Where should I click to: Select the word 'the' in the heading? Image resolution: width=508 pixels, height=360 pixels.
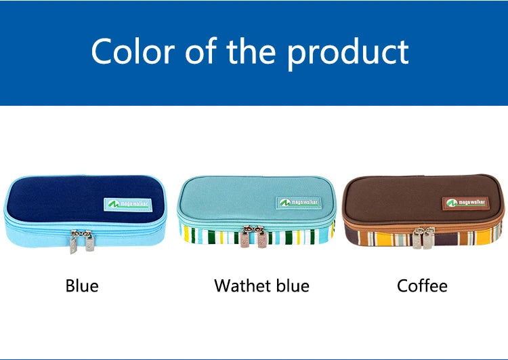pyautogui.click(x=250, y=52)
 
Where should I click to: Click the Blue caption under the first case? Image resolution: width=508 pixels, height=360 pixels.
pyautogui.click(x=82, y=286)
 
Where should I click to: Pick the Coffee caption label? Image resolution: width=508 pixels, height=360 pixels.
pyautogui.click(x=422, y=286)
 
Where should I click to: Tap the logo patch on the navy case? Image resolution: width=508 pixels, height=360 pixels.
pyautogui.click(x=123, y=203)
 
